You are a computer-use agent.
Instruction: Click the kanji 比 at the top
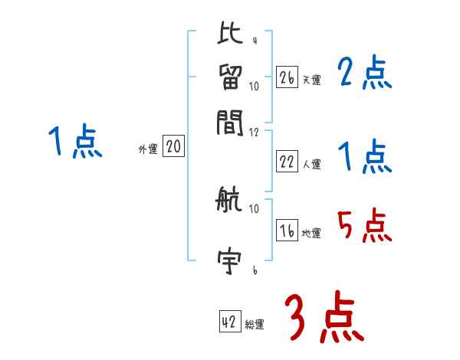[229, 34]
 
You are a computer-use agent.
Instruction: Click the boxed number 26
[287, 77]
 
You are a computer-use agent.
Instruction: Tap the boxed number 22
[287, 162]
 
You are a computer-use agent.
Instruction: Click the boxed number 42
[229, 322]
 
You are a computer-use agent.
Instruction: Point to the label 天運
[311, 80]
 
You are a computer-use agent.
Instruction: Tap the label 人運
[311, 164]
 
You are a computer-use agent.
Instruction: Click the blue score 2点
[364, 74]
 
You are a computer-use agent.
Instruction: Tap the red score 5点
[364, 226]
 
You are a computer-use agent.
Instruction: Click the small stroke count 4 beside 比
[254, 41]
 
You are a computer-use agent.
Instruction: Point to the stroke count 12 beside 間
[255, 133]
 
